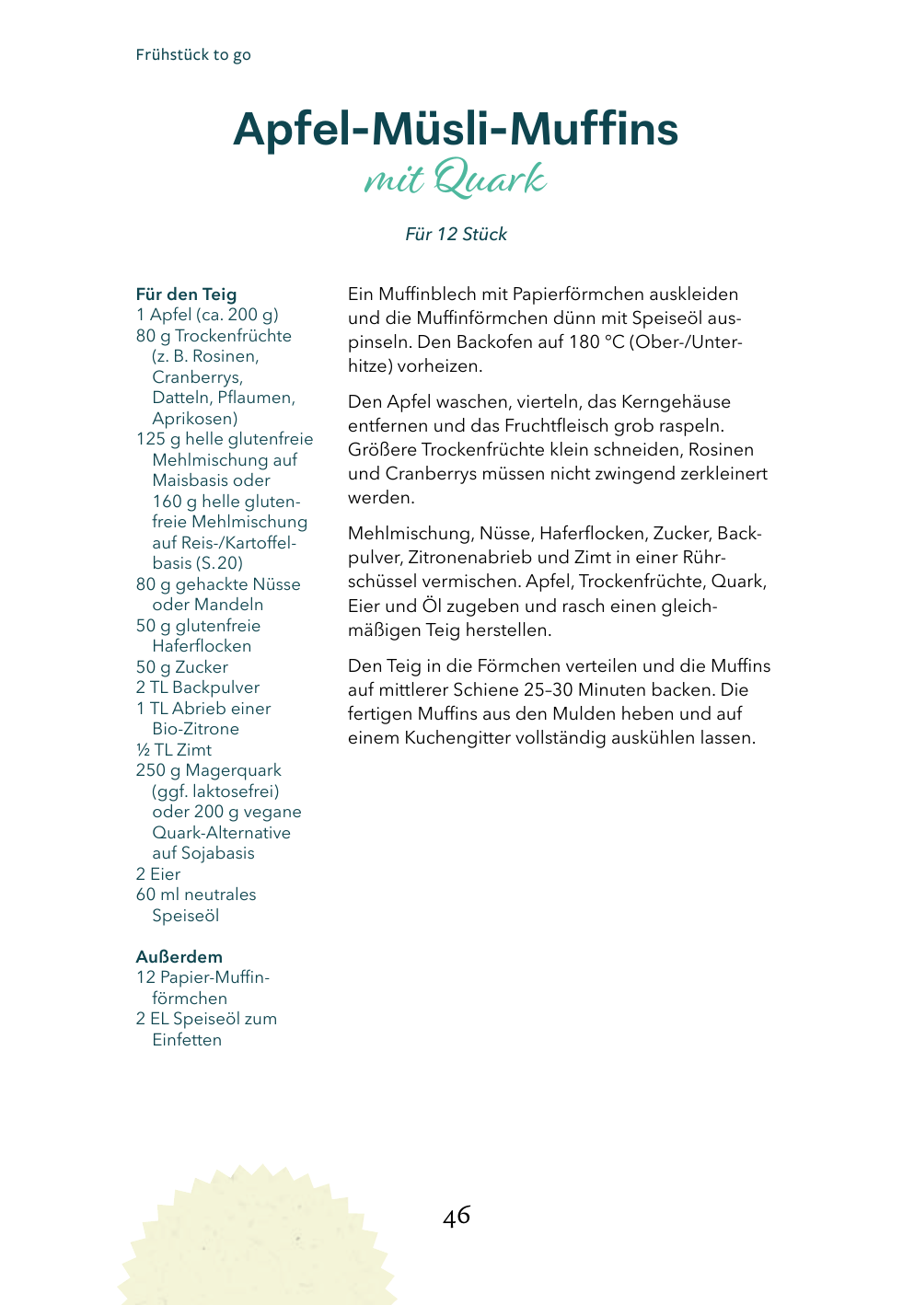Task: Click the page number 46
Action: pyautogui.click(x=456, y=1216)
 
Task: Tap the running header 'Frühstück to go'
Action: pyautogui.click(x=193, y=55)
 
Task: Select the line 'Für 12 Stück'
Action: pyautogui.click(x=456, y=235)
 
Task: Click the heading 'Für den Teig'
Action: pyautogui.click(x=186, y=294)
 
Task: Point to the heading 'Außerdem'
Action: pyautogui.click(x=179, y=957)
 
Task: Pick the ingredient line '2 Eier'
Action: pyautogui.click(x=158, y=874)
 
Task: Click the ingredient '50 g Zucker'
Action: pyautogui.click(x=182, y=667)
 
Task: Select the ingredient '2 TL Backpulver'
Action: pyautogui.click(x=198, y=687)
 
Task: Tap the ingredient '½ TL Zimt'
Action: pyautogui.click(x=174, y=750)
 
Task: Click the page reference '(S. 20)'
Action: pyautogui.click(x=219, y=563)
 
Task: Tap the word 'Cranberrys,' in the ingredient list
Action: pyautogui.click(x=198, y=377)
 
